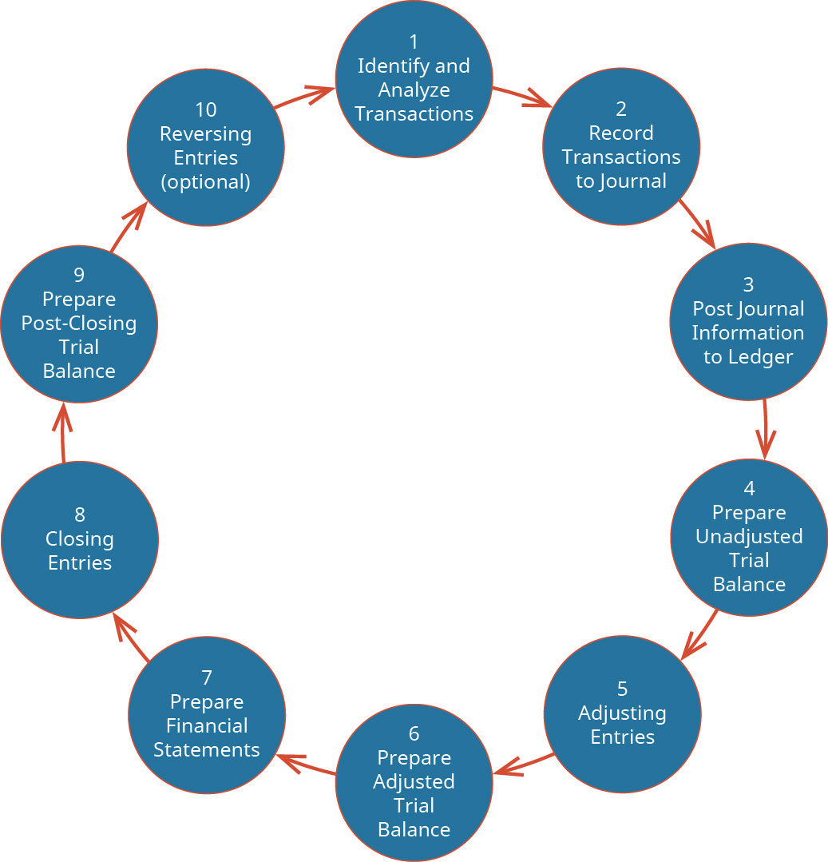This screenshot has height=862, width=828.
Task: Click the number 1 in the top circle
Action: [x=414, y=42]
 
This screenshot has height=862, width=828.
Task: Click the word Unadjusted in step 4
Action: [x=749, y=536]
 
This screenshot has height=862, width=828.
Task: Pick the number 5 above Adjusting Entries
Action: [x=622, y=689]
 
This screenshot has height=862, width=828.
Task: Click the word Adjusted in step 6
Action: [x=414, y=781]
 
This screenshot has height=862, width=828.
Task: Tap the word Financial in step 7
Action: [x=206, y=725]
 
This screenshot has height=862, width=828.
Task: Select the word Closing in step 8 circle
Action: [x=79, y=538]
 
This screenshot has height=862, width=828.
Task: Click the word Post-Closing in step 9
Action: [x=79, y=324]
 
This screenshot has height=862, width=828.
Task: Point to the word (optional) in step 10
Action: [x=206, y=181]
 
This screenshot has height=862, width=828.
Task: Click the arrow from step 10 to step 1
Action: [x=305, y=96]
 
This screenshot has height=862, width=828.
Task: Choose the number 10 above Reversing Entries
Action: [x=206, y=109]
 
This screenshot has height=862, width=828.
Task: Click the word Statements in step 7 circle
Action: [x=206, y=749]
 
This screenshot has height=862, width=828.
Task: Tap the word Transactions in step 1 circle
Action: [x=414, y=113]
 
